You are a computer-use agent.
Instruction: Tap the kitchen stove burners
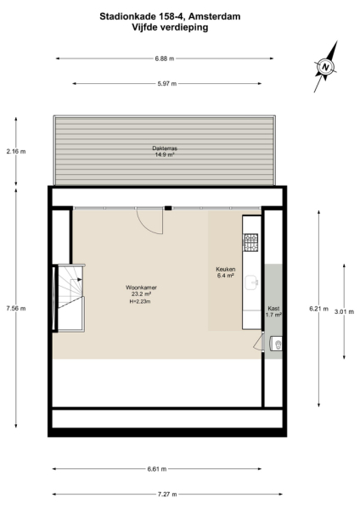[x=251, y=243]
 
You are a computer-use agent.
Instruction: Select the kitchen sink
[x=251, y=282]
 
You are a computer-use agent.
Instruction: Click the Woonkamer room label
[x=142, y=288]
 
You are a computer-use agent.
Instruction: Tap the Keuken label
[x=226, y=270]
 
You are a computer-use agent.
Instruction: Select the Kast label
[x=273, y=309]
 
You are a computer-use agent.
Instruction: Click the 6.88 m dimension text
[x=165, y=59]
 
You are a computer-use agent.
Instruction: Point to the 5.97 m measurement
[x=165, y=83]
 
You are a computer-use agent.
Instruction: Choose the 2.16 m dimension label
[x=15, y=152]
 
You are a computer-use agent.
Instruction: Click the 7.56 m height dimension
[x=15, y=308]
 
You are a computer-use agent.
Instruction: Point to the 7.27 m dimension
[x=165, y=494]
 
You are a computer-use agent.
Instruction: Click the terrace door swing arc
[x=149, y=221]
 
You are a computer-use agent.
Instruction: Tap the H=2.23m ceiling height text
[x=142, y=301]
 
